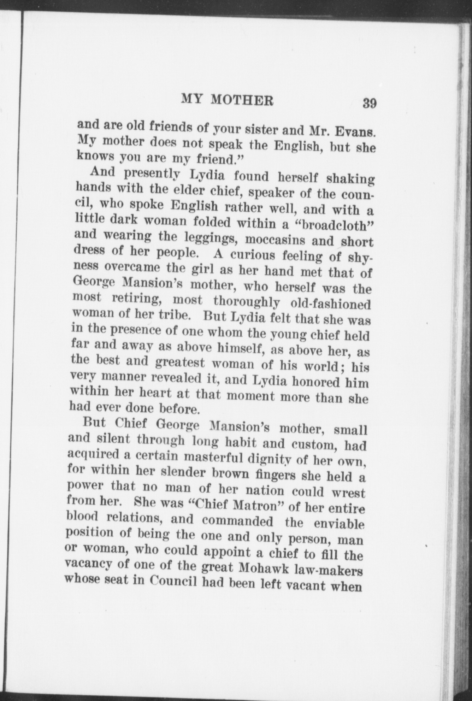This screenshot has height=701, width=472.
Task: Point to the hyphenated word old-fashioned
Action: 330,304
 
